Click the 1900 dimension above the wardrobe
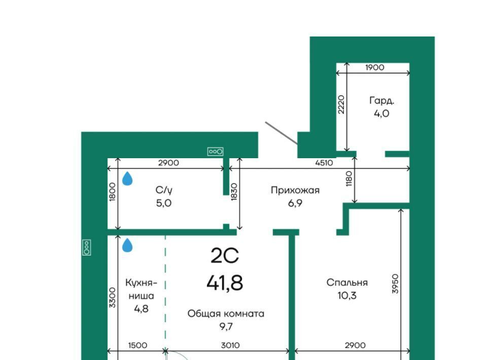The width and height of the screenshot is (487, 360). pos(374,67)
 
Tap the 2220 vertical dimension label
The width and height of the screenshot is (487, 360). pos(341,104)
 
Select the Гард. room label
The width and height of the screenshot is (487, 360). pos(381,101)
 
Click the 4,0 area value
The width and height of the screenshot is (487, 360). pos(381,114)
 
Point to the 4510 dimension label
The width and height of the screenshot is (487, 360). pos(324,163)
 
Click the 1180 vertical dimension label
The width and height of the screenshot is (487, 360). pos(349,178)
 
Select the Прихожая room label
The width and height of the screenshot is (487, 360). pos(295,190)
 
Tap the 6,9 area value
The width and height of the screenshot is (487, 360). pos(295,203)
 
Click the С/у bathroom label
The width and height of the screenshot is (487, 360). pos(164,190)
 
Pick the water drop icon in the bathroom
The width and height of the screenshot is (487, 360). pos(127,179)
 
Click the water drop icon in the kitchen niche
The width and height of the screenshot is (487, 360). pos(127,245)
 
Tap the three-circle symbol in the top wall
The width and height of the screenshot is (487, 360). pos(216,152)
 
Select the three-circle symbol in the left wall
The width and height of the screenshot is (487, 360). pos(87,247)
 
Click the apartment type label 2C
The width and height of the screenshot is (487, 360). pos(225,256)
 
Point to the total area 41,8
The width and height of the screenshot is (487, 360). pos(225,283)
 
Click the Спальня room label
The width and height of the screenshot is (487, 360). pos(347,282)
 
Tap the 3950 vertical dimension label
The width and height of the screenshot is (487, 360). pos(395,283)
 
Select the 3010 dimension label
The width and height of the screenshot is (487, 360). pos(230,345)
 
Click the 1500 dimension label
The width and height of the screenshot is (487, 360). pos(137,345)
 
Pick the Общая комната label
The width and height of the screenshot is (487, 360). pos(226,314)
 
